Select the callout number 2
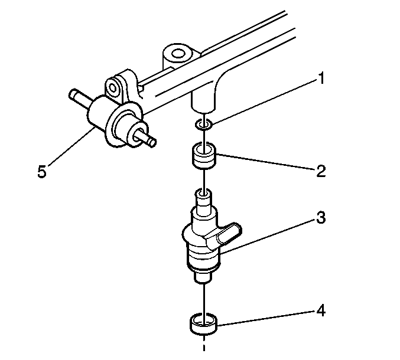(x=321, y=171)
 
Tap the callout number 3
(x=321, y=218)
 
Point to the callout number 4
(x=321, y=310)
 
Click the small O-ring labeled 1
(x=204, y=125)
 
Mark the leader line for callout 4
(x=266, y=318)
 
